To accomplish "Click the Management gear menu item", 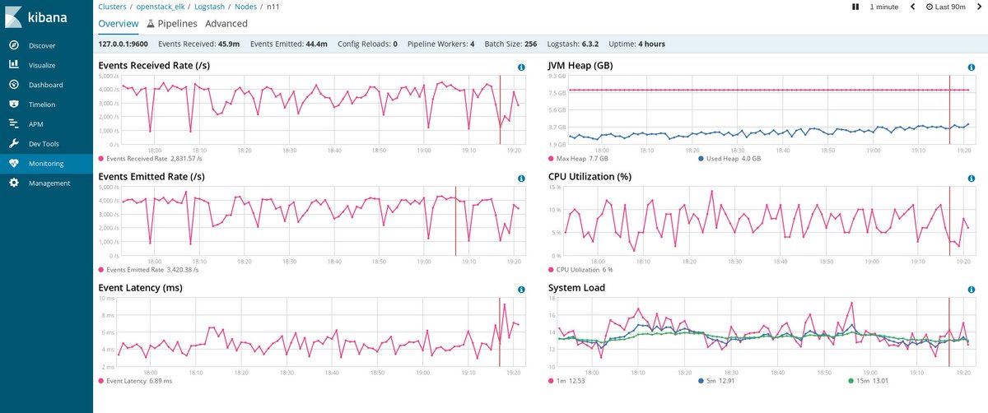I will [49, 183].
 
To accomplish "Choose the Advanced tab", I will [226, 24].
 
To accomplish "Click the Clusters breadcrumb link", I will [112, 7].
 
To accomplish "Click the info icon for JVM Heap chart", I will [972, 67].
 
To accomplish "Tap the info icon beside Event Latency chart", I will [521, 290].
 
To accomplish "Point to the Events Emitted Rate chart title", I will [151, 177].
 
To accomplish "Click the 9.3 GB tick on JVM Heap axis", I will [557, 76].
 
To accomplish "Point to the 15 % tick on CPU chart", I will [557, 187].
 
